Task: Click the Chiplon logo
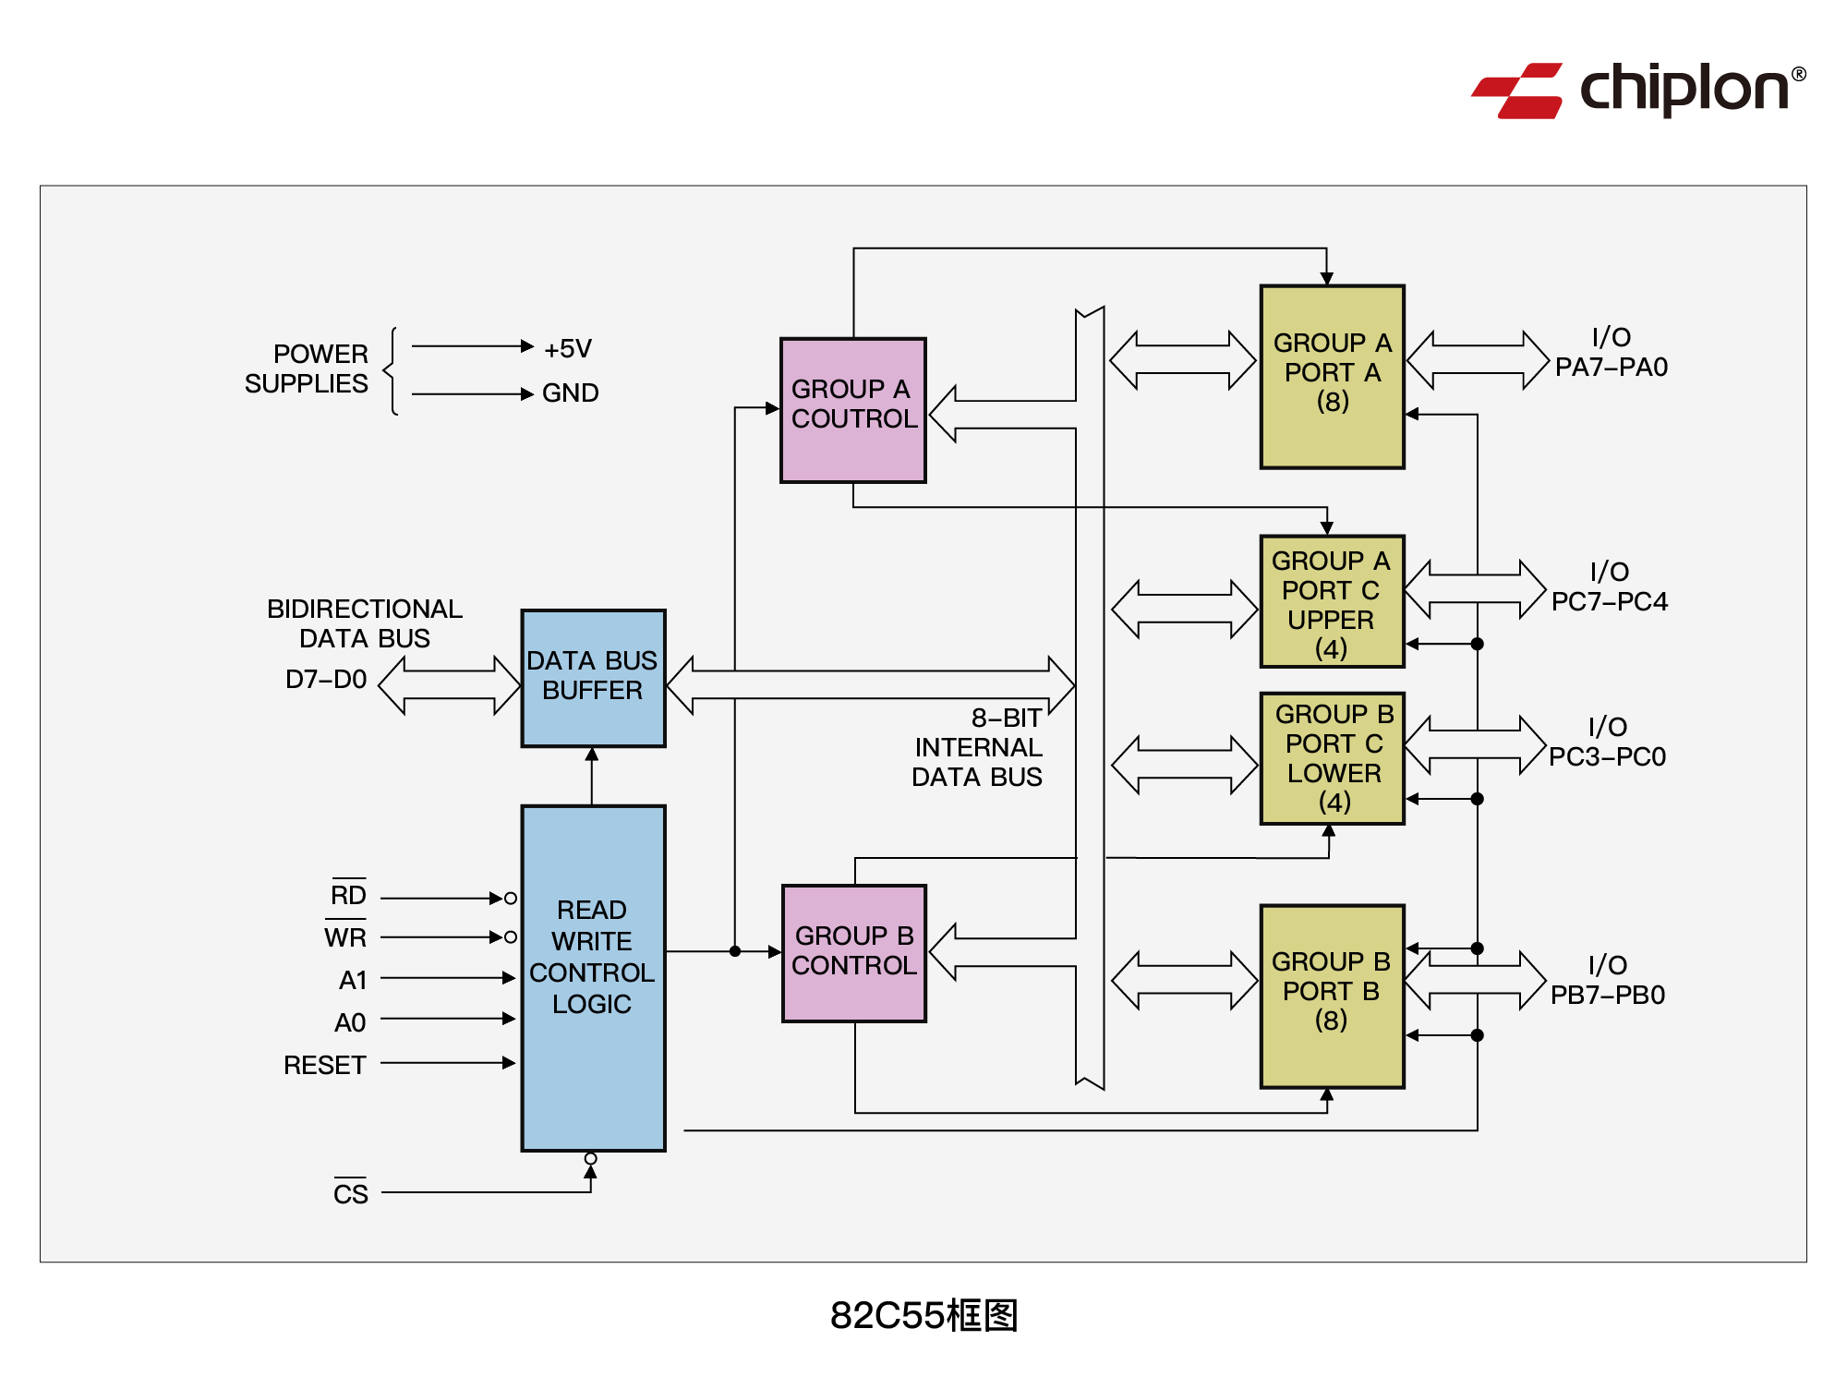(x=1636, y=90)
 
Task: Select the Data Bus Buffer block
(x=593, y=677)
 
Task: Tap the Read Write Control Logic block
(x=593, y=977)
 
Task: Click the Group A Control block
(x=853, y=409)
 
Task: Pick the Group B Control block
(x=853, y=952)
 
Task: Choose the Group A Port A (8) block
(x=1332, y=376)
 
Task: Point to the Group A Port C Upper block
(x=1332, y=601)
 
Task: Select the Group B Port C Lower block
(x=1332, y=757)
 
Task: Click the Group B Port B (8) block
(x=1332, y=996)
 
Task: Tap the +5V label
(x=567, y=349)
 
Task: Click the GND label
(x=570, y=393)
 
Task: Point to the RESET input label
(x=324, y=1065)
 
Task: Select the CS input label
(x=350, y=1193)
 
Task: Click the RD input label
(x=348, y=894)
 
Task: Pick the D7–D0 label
(x=326, y=680)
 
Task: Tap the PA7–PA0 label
(x=1611, y=368)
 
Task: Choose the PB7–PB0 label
(x=1607, y=996)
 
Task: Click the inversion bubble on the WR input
(x=511, y=937)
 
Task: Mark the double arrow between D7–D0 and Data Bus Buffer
(x=449, y=685)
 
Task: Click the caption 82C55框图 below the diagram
(x=923, y=1315)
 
